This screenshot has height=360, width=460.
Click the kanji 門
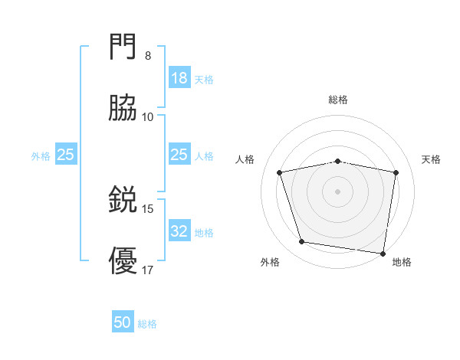click(123, 48)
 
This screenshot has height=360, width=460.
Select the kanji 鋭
click(123, 201)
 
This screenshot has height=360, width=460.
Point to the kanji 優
click(123, 261)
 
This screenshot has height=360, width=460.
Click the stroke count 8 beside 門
click(148, 56)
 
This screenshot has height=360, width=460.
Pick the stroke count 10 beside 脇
click(148, 116)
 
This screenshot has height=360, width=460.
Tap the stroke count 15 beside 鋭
click(148, 209)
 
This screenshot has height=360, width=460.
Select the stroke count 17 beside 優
click(148, 270)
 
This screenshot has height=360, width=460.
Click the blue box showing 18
click(179, 78)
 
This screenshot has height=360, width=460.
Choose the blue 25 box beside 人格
click(179, 155)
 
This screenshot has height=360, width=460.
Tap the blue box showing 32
click(179, 231)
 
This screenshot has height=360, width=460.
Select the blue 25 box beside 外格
click(66, 155)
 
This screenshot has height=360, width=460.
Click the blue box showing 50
click(123, 323)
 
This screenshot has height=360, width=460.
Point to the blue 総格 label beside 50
click(147, 324)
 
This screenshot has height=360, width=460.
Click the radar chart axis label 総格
click(338, 100)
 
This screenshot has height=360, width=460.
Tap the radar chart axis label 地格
click(402, 262)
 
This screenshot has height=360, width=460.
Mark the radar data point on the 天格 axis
click(396, 172)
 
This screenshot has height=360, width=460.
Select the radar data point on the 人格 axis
click(280, 172)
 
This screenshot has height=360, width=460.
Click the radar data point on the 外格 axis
click(302, 242)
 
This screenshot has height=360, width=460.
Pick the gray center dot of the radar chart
click(338, 191)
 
